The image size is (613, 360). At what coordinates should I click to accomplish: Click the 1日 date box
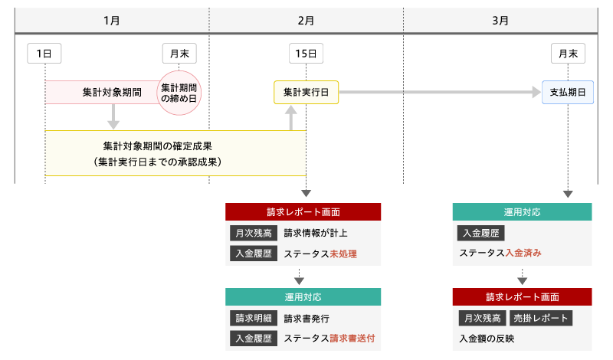(x=44, y=54)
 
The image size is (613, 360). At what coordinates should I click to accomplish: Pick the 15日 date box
(x=306, y=54)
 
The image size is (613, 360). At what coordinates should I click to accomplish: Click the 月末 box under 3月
(x=568, y=54)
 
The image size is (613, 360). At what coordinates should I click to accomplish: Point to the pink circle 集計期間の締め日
(x=179, y=93)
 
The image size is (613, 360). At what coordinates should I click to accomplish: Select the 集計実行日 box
(x=306, y=93)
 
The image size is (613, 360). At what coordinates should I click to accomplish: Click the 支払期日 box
(x=568, y=93)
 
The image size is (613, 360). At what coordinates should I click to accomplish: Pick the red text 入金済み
(x=525, y=254)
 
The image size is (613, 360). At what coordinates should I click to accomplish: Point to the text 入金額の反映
(x=487, y=339)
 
